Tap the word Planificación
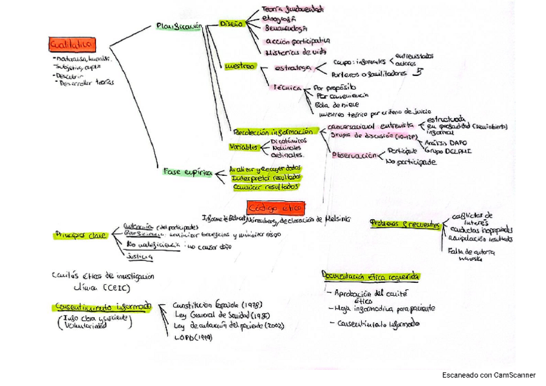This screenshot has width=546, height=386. [179, 26]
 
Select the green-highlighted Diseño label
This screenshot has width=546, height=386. [231, 23]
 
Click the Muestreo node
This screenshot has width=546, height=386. [239, 66]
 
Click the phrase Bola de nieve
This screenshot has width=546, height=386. [337, 104]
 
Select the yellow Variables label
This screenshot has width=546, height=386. [245, 147]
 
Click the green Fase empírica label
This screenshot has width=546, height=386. [188, 173]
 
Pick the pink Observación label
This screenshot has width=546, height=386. [353, 155]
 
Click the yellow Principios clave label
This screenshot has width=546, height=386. [80, 236]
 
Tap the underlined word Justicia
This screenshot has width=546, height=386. [140, 256]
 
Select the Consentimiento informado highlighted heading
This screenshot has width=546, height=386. [103, 307]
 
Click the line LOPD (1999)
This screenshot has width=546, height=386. [194, 337]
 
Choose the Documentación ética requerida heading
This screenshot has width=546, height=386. [371, 276]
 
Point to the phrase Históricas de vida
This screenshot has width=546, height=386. [296, 51]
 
